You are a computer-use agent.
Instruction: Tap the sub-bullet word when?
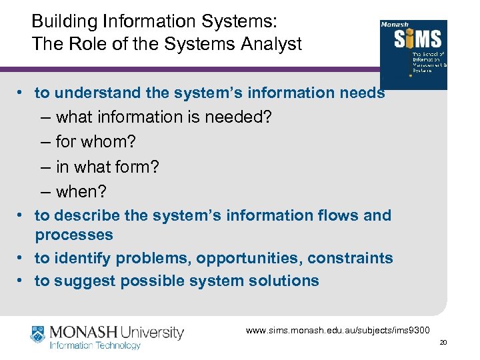(81, 192)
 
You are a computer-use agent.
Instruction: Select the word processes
(74, 235)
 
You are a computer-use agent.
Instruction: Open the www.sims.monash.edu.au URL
(339, 330)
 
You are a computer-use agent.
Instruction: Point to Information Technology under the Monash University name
(95, 345)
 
